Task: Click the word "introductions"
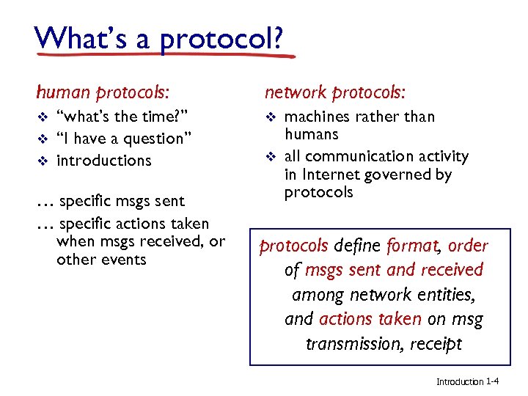point(103,161)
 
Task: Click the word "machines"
point(317,117)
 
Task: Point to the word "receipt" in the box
point(436,344)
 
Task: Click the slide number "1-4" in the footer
point(493,381)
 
